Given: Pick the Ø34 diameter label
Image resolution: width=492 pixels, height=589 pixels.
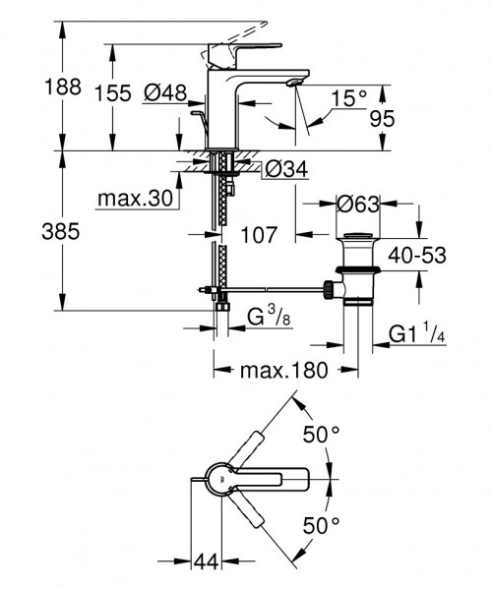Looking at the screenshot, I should tap(286, 170).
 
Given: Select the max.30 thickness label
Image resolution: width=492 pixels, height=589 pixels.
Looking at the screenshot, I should tap(135, 200).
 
